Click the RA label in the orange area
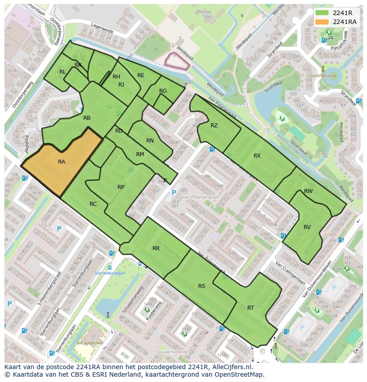[x=62, y=162]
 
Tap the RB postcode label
[x=87, y=118]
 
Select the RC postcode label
[x=93, y=204]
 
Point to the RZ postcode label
[x=214, y=126]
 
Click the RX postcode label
[x=257, y=156]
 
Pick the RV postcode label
[x=307, y=227]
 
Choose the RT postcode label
[x=250, y=308]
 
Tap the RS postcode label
[x=202, y=286]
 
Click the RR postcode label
[x=156, y=248]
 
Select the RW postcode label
[x=308, y=191]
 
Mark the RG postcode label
[x=163, y=91]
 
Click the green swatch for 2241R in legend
[x=322, y=13]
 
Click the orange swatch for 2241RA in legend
[x=322, y=22]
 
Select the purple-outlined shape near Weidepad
[x=176, y=61]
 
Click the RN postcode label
[x=150, y=141]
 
